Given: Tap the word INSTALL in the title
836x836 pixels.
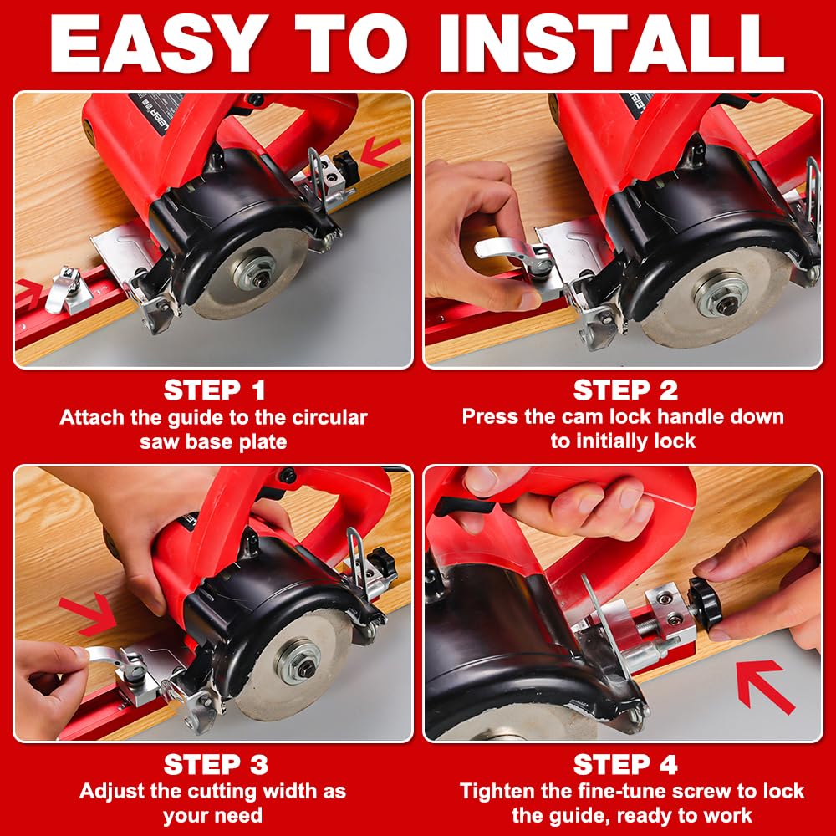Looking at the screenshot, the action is (x=611, y=43).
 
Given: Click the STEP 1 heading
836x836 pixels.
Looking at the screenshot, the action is (x=215, y=390).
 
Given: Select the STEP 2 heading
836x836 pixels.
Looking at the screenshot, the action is (x=625, y=390).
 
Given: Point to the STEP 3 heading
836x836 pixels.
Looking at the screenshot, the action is (x=216, y=765).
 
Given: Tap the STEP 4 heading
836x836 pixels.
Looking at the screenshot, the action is (x=625, y=765).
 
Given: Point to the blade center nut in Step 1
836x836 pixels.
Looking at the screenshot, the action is (x=260, y=278).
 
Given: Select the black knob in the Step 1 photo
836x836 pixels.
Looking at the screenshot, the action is (x=345, y=165).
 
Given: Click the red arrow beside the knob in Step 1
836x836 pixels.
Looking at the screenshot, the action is (x=380, y=152).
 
